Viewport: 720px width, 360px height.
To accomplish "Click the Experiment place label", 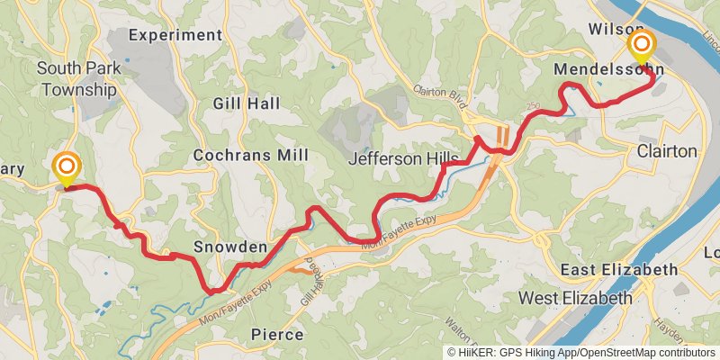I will [175, 35].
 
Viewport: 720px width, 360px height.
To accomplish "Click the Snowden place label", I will [230, 247].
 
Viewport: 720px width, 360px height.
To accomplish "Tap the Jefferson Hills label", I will [403, 158].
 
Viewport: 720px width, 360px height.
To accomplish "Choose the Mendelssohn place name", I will [609, 68].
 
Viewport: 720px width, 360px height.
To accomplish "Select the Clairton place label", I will [667, 150].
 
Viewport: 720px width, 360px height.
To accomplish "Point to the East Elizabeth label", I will [618, 270].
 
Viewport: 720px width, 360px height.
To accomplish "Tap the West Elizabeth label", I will [576, 298].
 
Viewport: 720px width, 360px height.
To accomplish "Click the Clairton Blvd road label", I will [441, 91].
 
